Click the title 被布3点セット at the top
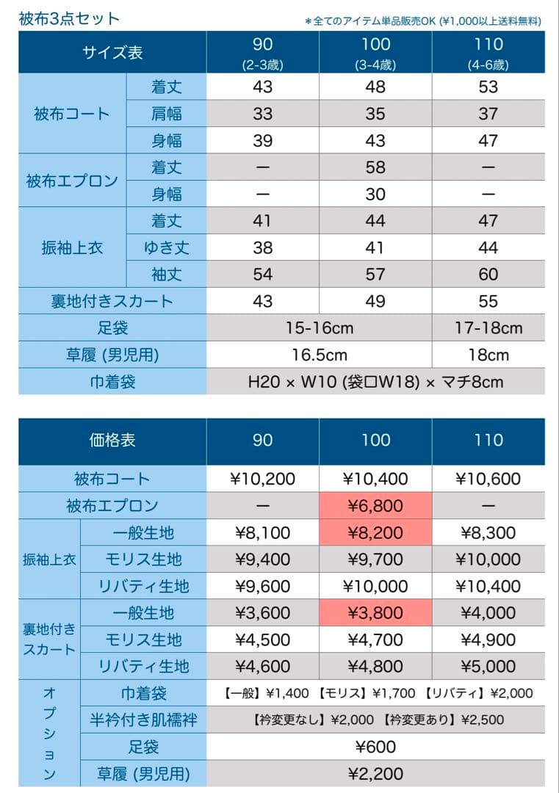click(x=69, y=18)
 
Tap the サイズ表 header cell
click(x=112, y=53)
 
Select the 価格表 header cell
click(x=112, y=440)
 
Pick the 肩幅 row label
click(x=167, y=114)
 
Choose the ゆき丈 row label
click(x=167, y=247)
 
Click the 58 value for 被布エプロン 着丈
click(x=375, y=167)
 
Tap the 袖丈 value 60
click(x=488, y=275)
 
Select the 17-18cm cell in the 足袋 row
click(x=488, y=327)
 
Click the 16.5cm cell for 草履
click(x=319, y=355)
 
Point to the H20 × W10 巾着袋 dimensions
click(x=375, y=382)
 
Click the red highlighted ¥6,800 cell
click(x=375, y=506)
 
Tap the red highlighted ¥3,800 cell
click(x=375, y=613)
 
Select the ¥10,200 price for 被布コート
click(x=262, y=479)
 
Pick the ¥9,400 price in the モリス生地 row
click(x=262, y=560)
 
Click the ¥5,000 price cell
click(x=488, y=666)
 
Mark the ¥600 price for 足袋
click(x=375, y=747)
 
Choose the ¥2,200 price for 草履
click(x=375, y=773)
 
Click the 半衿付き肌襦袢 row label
click(x=143, y=720)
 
